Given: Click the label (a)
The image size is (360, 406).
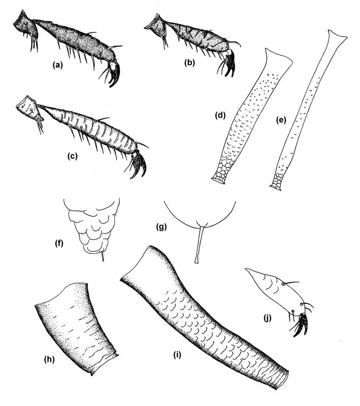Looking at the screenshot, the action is pos(57,65).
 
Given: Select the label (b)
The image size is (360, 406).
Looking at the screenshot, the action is pos(189,62).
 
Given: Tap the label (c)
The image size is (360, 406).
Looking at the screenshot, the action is pos(73,156).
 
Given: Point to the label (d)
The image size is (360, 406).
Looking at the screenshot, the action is pos(220,115).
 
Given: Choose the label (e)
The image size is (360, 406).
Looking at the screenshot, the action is pos(281,120).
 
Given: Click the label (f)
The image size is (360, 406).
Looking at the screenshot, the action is pos(59,244).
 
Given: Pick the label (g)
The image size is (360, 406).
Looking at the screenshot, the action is pos(161,227).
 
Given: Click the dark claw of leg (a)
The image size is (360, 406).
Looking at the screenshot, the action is pos(115,75).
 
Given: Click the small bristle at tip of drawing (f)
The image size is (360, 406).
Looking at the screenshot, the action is pos(103,256).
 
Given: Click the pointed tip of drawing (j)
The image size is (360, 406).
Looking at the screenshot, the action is pos(246,269).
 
